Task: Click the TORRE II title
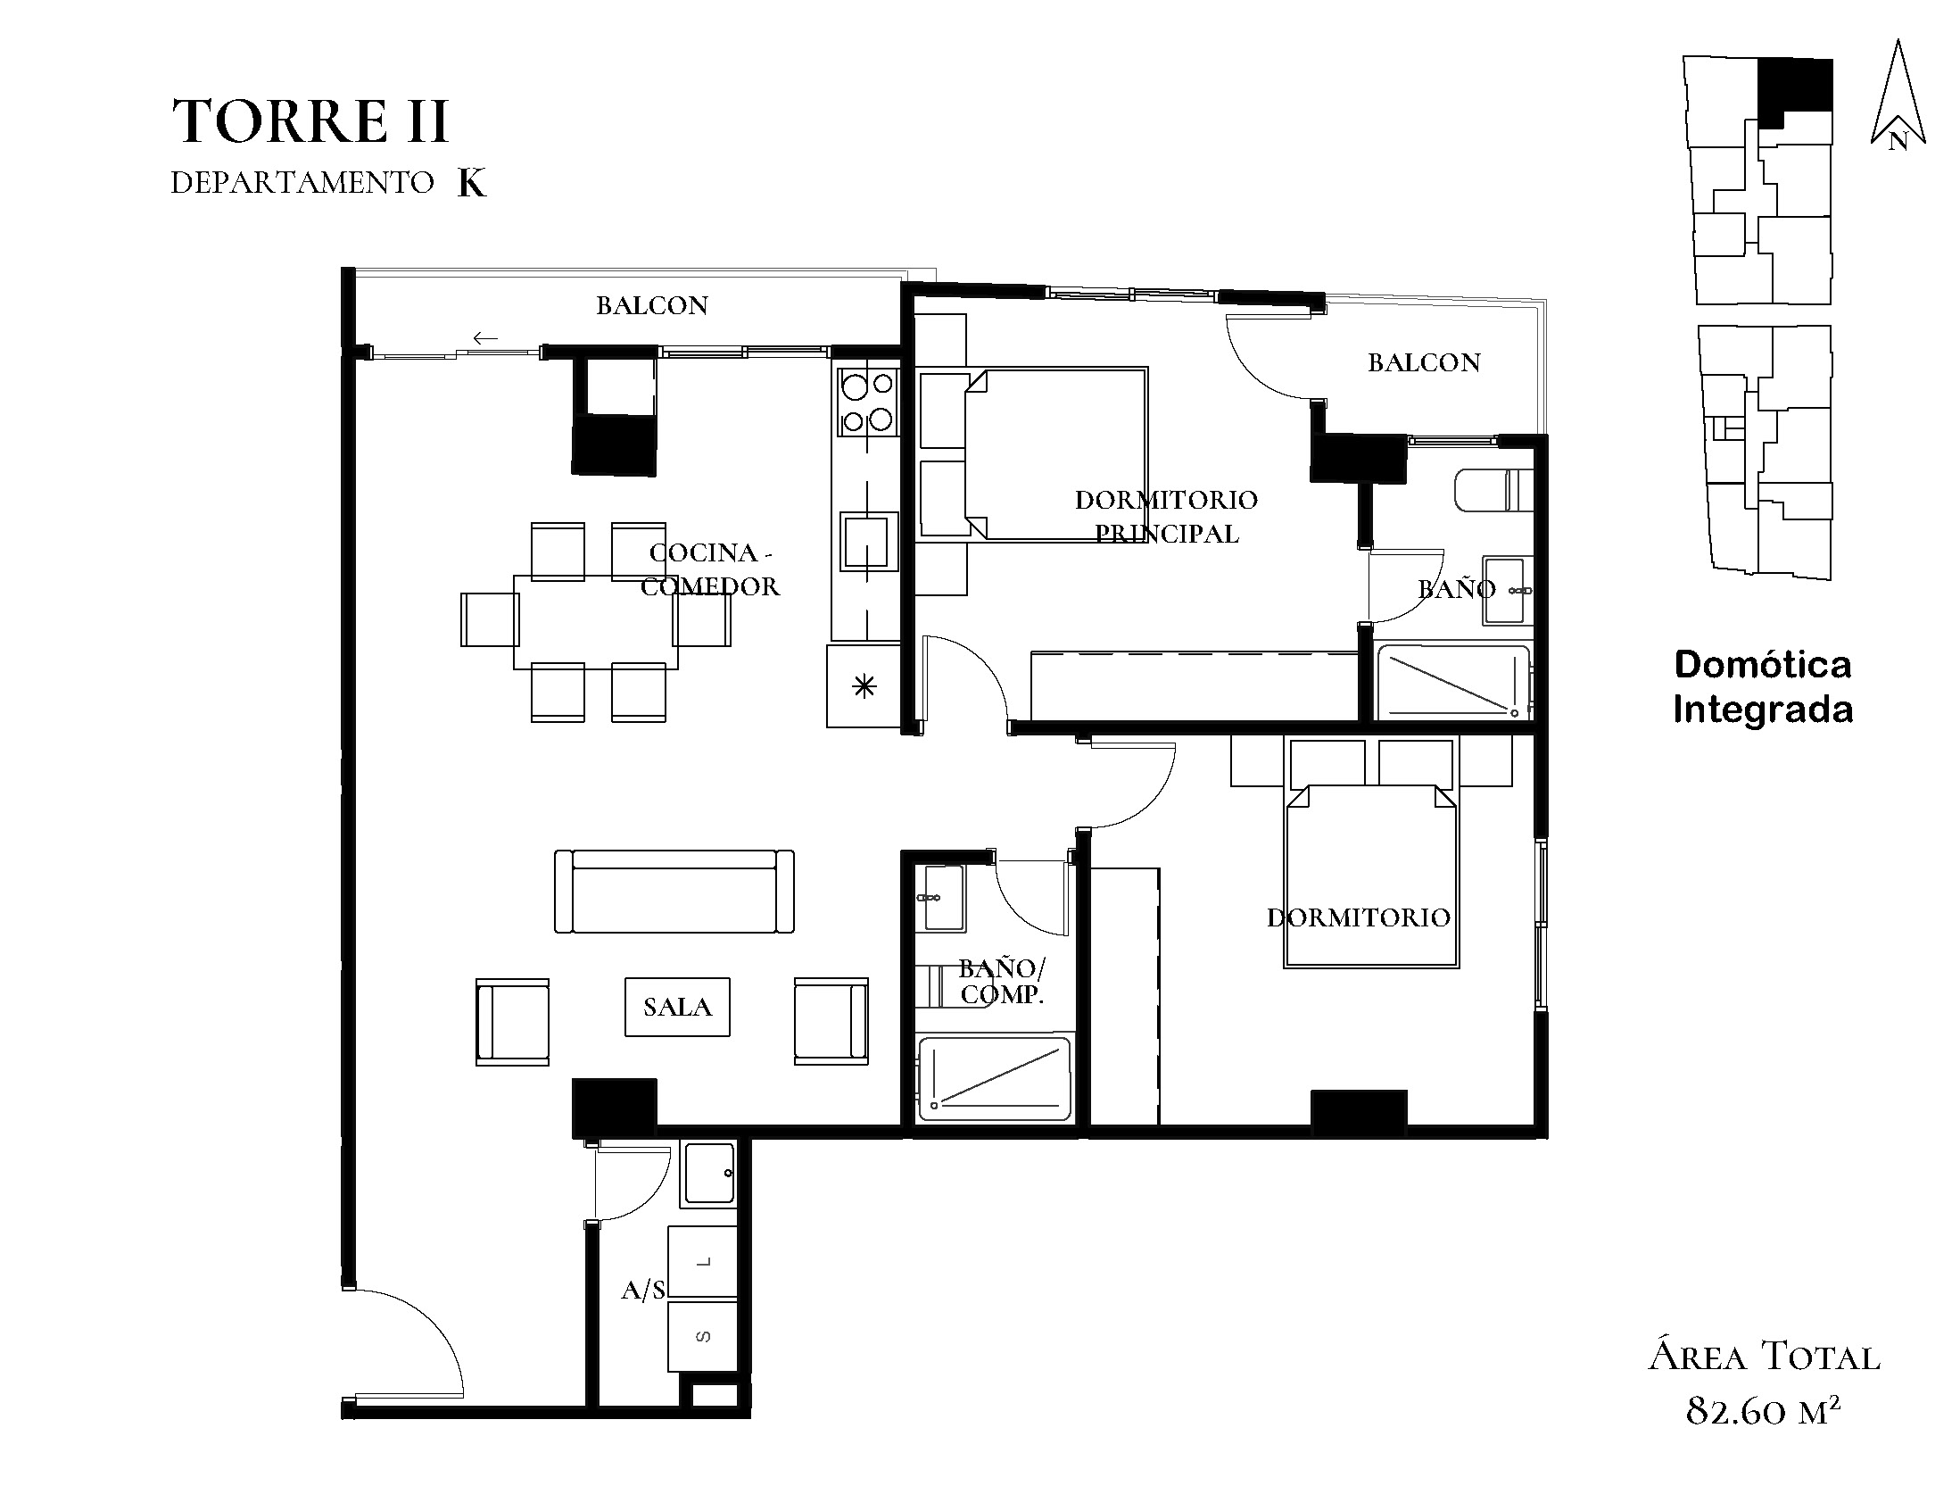310,121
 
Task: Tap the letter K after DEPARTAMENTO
472,183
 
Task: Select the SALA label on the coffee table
677,1007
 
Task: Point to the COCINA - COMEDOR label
710,569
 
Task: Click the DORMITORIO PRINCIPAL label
1167,516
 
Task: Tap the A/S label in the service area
643,1291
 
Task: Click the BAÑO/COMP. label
1002,980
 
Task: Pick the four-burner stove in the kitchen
868,403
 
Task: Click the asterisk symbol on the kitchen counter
864,688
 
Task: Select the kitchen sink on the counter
869,541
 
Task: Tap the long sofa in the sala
674,892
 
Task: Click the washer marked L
703,1261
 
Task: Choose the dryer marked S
703,1336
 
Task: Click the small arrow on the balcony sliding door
485,338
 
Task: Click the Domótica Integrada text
1763,687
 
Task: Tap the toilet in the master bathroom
1493,490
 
